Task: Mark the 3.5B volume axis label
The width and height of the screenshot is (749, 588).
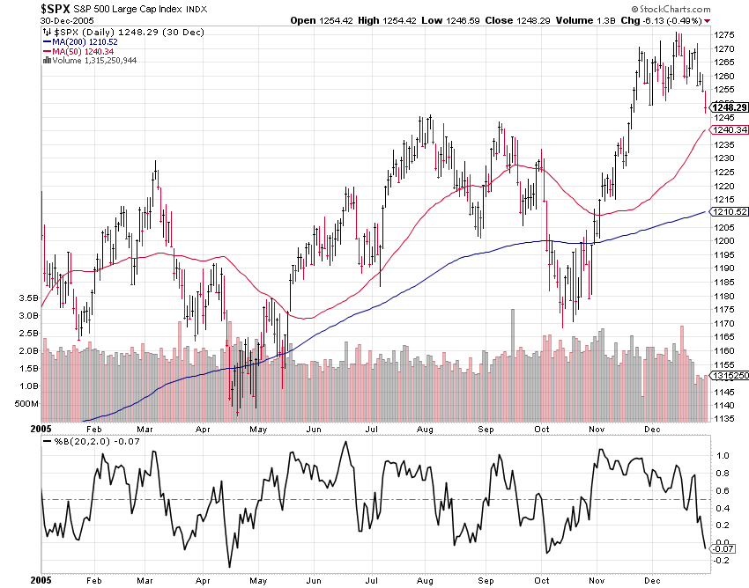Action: (27, 298)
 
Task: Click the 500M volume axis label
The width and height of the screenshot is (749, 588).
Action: (26, 403)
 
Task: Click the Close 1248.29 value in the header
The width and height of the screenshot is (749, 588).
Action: (502, 19)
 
